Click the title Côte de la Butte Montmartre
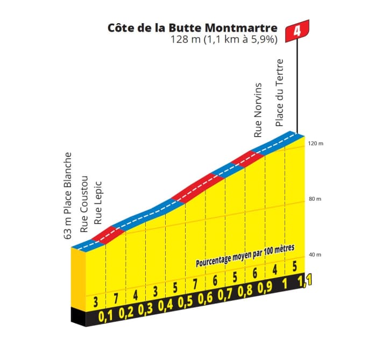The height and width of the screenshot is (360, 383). coord(192,27)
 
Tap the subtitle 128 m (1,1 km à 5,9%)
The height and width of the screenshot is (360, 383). coord(223,39)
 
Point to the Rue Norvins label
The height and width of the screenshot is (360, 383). coord(258,110)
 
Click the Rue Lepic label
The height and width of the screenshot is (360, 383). coord(98,202)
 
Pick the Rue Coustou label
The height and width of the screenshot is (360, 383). coord(84,204)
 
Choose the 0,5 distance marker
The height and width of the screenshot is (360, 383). coord(185,307)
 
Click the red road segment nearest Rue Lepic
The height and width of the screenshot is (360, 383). coord(110,232)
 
